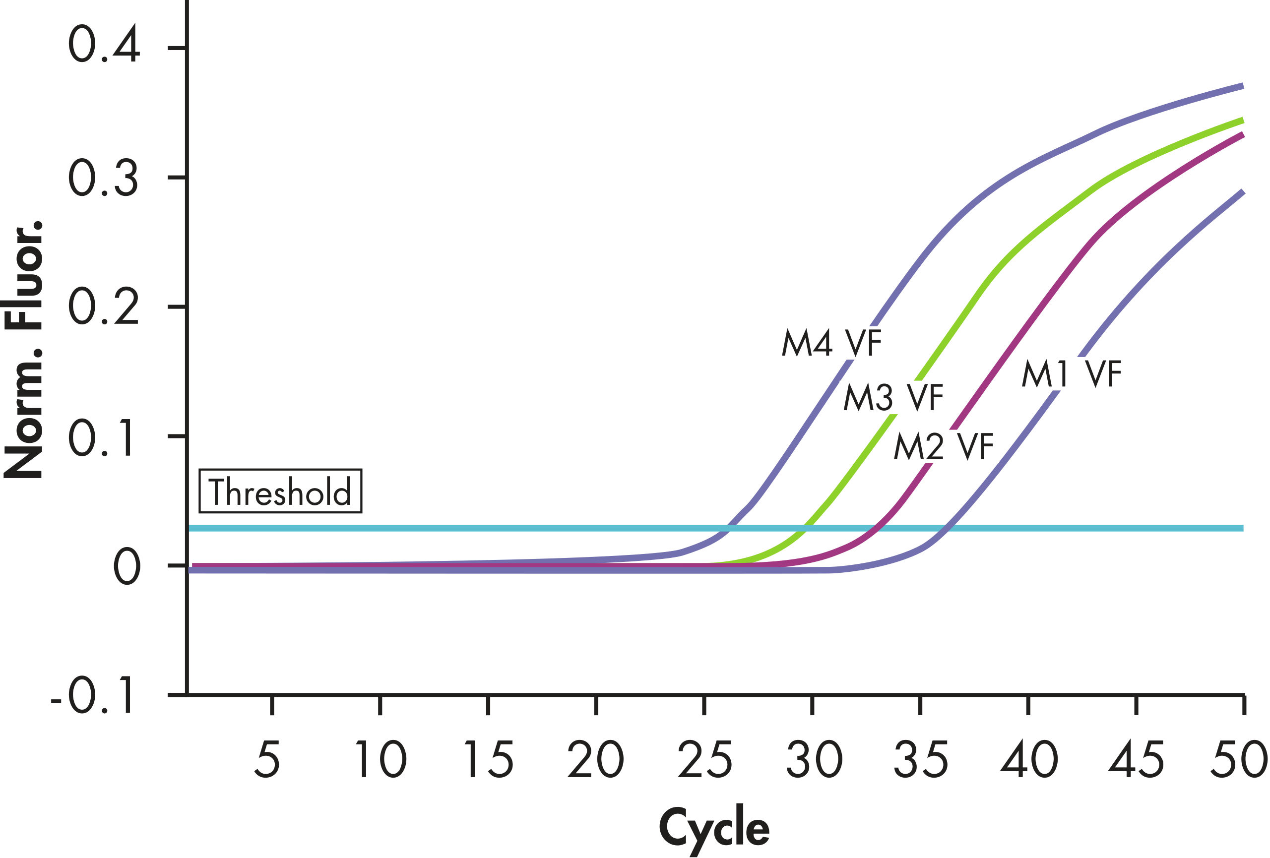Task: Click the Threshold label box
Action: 280,491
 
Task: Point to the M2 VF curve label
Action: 943,446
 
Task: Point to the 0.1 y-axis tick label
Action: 101,437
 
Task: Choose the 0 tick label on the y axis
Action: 127,567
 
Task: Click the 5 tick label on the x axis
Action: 267,759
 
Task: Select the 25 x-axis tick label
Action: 704,759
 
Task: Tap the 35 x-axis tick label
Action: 921,759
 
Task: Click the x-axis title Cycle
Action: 714,827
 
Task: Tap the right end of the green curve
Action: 1243,121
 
